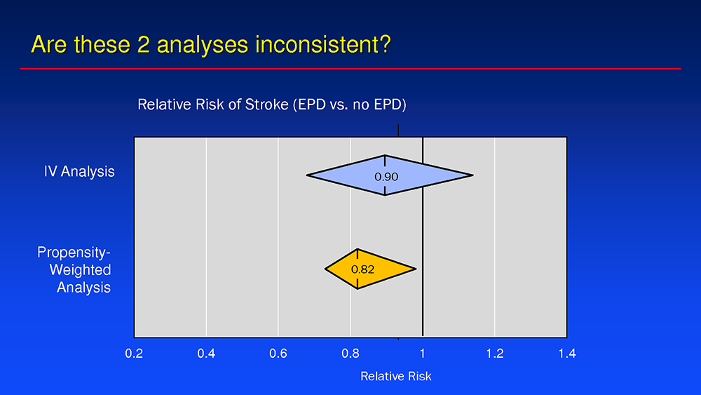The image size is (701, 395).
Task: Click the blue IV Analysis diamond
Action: [x=389, y=175]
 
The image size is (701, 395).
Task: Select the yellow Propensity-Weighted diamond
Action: [x=370, y=269]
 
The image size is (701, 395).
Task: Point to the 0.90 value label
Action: [x=386, y=177]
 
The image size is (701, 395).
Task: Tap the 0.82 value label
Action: [x=362, y=269]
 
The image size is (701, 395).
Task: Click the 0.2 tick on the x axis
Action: [x=134, y=354]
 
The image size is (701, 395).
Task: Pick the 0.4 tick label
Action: [x=206, y=354]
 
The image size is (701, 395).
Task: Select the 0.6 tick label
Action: [x=278, y=354]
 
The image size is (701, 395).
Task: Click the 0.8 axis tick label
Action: [x=350, y=354]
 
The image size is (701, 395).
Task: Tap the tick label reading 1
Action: [x=423, y=354]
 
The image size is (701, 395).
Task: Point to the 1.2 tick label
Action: [x=495, y=354]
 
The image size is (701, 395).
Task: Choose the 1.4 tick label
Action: [x=567, y=354]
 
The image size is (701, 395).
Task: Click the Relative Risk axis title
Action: [x=395, y=376]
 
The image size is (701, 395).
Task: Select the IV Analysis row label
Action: [x=79, y=171]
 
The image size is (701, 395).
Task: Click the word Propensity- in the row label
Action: [x=74, y=253]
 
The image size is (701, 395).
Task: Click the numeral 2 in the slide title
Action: [x=143, y=44]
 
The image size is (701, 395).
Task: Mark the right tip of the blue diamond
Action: [x=473, y=175]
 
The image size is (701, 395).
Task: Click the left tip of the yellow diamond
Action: [x=325, y=269]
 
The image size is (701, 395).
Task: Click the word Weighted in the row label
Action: [x=80, y=269]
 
